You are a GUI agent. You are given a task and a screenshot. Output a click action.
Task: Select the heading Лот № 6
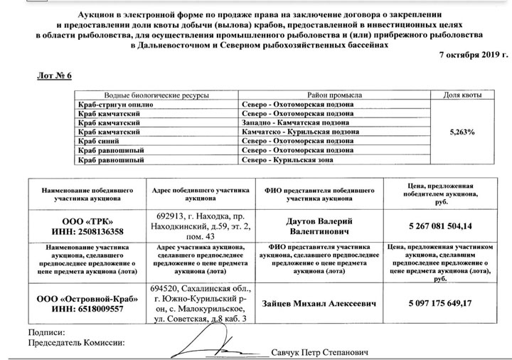pos(55,75)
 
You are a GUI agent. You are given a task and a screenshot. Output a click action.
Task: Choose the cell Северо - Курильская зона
pos(285,159)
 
